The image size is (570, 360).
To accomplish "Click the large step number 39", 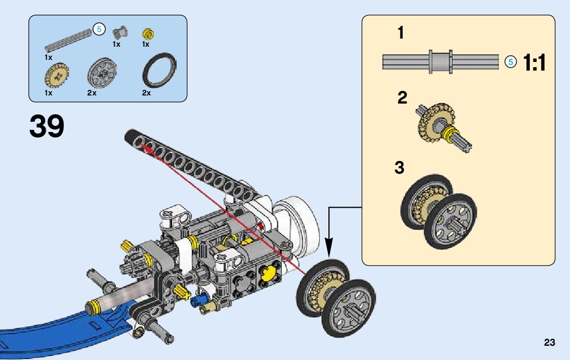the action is coord(47,126).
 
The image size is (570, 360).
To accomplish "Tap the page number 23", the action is coord(550,342).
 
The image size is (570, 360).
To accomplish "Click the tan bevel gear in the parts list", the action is coord(57,76).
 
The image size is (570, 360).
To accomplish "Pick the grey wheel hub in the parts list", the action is coord(102,72).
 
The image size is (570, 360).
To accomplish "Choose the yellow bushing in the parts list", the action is coord(148,34).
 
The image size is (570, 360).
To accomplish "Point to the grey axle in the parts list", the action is coord(69,40).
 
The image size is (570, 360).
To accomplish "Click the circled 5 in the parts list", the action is coord(99,29).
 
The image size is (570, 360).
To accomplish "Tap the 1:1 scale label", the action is coord(534,62).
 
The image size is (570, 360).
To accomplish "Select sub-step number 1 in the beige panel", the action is coord(400,32).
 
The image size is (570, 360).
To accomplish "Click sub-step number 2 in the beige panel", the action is coord(402,97).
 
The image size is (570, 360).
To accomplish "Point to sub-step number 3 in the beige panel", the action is coord(399,168).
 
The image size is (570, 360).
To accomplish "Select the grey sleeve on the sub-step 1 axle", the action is coord(441,62).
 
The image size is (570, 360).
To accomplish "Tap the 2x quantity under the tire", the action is coord(146,93).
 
